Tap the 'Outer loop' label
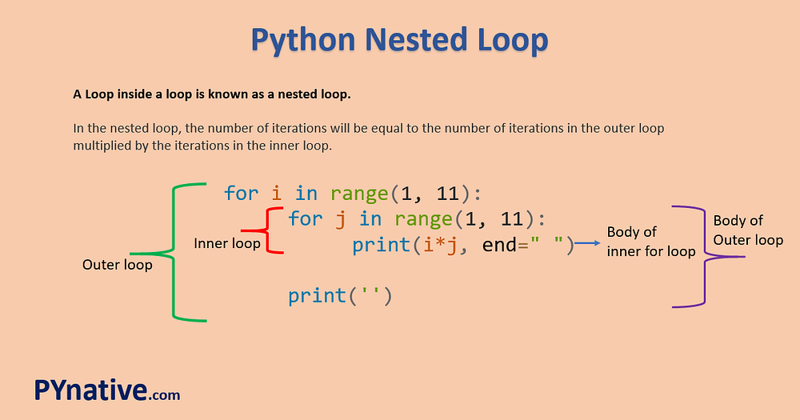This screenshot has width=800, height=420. [x=117, y=265]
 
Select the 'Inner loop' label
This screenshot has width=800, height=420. [x=227, y=243]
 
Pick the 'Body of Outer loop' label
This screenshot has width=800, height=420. [x=748, y=230]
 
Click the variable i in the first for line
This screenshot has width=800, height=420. [x=277, y=193]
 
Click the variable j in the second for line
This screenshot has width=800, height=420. [x=341, y=218]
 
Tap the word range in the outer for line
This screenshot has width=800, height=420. [x=359, y=193]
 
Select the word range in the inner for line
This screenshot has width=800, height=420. [x=423, y=218]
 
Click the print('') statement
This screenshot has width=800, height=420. [x=340, y=296]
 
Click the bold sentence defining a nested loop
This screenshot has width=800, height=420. [x=212, y=94]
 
